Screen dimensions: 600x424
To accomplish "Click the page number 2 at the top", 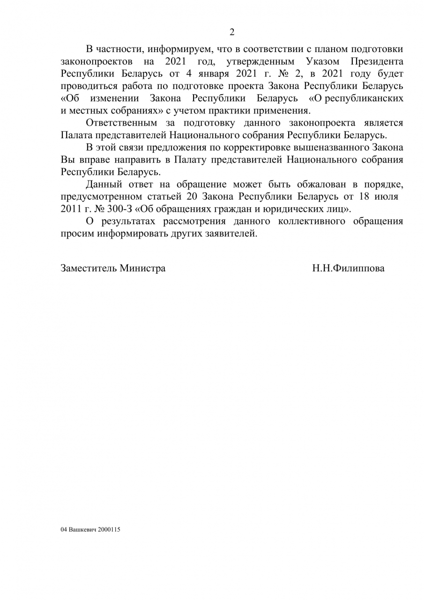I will (231, 32).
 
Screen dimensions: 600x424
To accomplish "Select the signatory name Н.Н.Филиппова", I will (348, 269).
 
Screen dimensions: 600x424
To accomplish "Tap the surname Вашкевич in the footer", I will (83, 530).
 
